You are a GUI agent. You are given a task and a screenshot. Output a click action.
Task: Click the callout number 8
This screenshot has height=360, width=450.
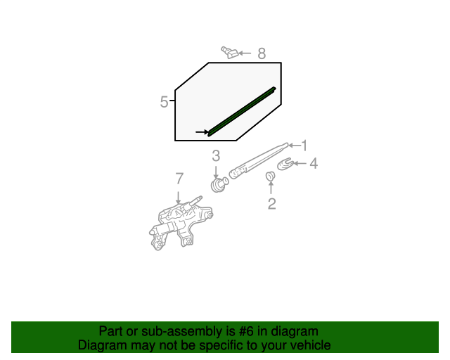262,53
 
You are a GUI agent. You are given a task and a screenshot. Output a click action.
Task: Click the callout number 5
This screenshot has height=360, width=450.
164,102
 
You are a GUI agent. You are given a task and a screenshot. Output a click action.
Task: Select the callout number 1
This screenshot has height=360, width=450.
304,146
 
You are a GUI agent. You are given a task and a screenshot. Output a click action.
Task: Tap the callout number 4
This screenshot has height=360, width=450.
314,164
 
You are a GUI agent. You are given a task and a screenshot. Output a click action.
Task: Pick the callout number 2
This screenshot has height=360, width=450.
271,205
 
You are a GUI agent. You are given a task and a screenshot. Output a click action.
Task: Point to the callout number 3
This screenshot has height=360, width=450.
216,156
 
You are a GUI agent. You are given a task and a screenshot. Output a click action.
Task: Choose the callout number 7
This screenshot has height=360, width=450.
179,179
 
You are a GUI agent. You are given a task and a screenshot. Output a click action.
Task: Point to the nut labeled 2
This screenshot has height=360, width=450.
271,176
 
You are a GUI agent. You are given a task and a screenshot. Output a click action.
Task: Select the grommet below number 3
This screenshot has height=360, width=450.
219,185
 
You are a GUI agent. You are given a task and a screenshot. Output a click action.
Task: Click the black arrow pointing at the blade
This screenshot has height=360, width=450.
201,131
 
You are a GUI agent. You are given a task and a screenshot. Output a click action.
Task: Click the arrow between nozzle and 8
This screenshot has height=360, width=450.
244,53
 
